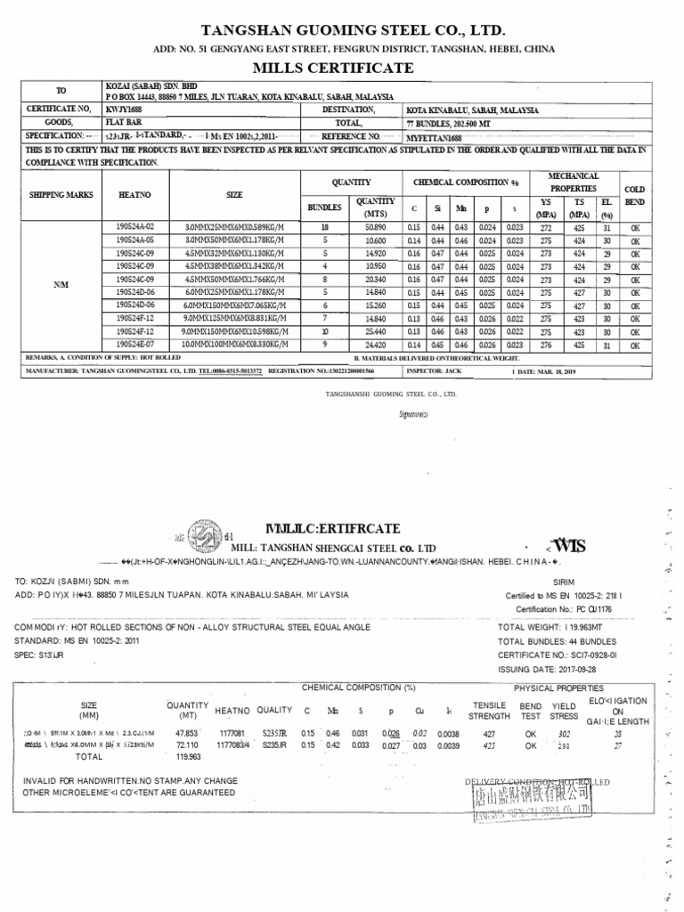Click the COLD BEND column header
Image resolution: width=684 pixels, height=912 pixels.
tap(635, 195)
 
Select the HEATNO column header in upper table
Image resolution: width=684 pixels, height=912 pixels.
tap(134, 193)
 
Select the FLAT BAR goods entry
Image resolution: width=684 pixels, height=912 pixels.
tap(123, 123)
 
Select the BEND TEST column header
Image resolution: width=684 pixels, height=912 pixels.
tap(531, 709)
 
